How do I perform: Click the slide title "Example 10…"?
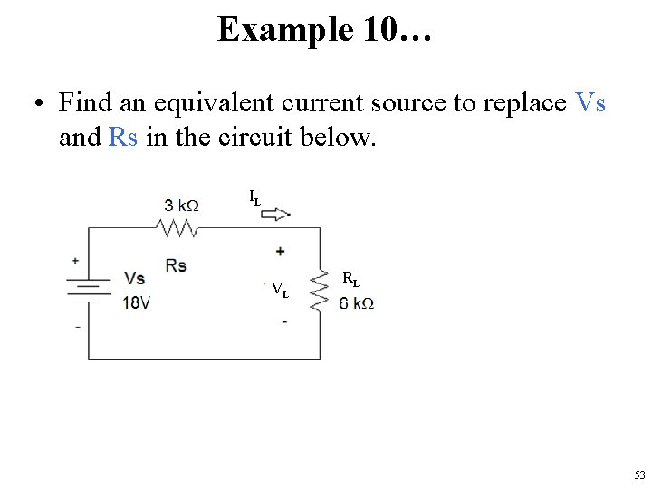[x=325, y=30]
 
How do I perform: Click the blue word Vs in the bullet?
[x=590, y=103]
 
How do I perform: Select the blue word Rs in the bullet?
[x=122, y=137]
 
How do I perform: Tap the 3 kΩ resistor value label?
[x=181, y=206]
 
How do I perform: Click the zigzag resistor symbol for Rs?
[x=179, y=227]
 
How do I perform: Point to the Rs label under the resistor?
[x=177, y=264]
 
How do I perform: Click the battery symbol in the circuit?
[x=87, y=288]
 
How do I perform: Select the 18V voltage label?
[x=137, y=302]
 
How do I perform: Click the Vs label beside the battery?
[x=134, y=278]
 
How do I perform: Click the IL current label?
[x=254, y=196]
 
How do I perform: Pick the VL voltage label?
[x=280, y=292]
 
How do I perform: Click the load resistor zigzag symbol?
[x=320, y=289]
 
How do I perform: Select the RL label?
[x=350, y=279]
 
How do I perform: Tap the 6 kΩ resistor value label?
[x=356, y=303]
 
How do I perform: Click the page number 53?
[x=639, y=475]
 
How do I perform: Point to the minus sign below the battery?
[x=77, y=326]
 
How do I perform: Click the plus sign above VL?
[x=281, y=251]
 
